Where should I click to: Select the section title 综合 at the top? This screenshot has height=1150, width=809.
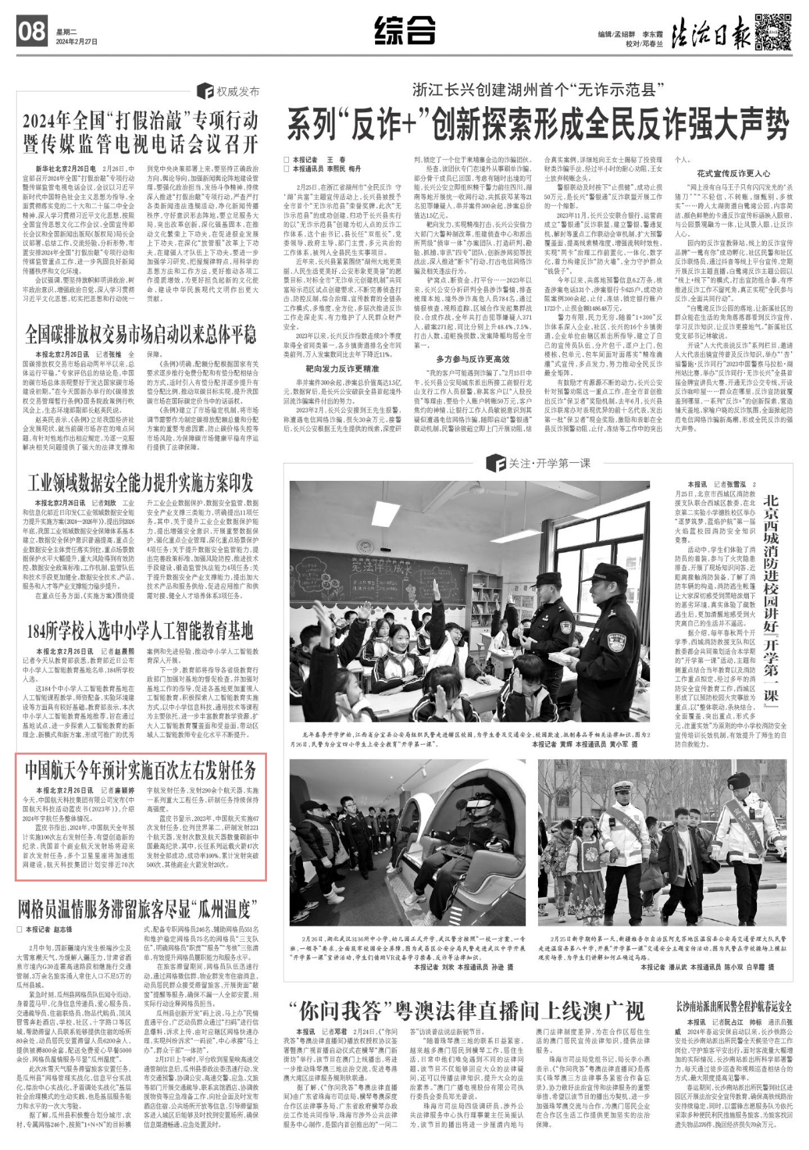404,31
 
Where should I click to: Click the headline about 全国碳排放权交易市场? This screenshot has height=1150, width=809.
140,333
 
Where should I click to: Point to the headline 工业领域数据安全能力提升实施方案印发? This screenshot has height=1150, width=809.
140,482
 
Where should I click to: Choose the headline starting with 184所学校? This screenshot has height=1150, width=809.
140,630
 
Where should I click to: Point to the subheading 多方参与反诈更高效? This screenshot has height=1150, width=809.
473,359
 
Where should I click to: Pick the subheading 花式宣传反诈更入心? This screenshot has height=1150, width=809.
733,173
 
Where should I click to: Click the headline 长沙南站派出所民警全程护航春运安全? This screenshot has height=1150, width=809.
733,1006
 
